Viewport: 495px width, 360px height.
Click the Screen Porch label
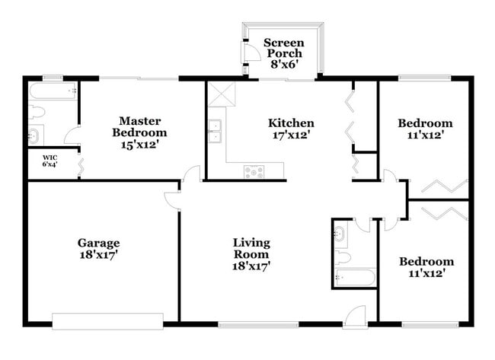point(283,48)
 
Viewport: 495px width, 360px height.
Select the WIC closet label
point(49,161)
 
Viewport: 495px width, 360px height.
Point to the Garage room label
point(98,244)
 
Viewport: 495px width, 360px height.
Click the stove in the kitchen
point(254,171)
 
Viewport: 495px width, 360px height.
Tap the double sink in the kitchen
point(216,132)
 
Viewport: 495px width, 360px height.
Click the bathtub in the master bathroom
point(52,92)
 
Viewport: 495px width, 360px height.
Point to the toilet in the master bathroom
point(37,113)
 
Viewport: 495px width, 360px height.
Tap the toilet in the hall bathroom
point(340,254)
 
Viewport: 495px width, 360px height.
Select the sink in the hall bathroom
point(340,234)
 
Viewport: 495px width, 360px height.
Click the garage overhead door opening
point(107,322)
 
